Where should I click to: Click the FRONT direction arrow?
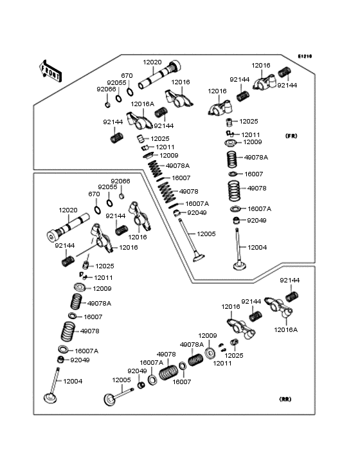click(x=51, y=71)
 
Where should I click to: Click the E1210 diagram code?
click(x=305, y=56)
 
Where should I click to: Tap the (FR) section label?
click(x=291, y=136)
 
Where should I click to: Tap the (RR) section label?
click(x=285, y=399)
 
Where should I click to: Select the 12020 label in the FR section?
click(x=152, y=62)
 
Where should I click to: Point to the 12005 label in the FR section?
click(x=206, y=234)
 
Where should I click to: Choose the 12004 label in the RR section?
click(x=73, y=381)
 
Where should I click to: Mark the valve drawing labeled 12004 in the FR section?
click(x=239, y=249)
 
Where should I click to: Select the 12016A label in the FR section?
click(x=143, y=104)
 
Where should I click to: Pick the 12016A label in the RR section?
click(x=285, y=330)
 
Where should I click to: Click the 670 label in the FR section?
click(x=127, y=76)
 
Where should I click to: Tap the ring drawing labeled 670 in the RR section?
click(x=98, y=210)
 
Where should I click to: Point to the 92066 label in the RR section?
click(x=120, y=181)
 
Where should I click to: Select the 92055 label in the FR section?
click(x=117, y=83)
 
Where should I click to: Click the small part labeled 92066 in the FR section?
click(x=108, y=105)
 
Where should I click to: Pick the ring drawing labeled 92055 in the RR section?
click(x=110, y=203)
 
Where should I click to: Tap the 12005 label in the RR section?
click(x=122, y=380)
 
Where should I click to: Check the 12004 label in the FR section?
click(x=257, y=248)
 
